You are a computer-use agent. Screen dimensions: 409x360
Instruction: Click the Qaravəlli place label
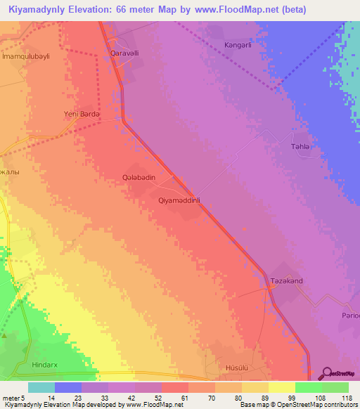(118, 53)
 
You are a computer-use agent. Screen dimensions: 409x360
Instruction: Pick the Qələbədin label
(139, 178)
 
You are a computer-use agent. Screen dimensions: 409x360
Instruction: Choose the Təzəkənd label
(286, 281)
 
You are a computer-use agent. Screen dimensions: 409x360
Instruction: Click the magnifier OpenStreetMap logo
(327, 372)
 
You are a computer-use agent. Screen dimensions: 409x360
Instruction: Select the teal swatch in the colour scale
(41, 387)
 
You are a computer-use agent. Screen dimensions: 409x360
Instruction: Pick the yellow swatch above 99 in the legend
(281, 387)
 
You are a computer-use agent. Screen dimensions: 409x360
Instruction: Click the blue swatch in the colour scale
(68, 387)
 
